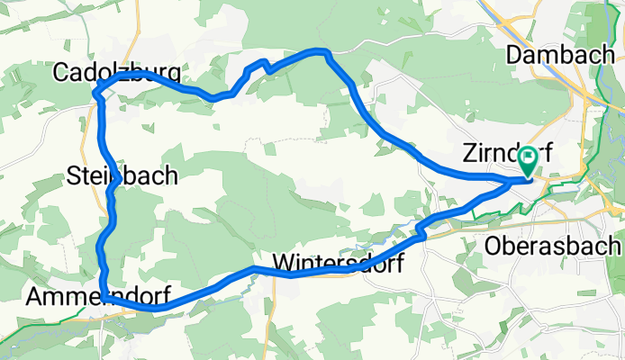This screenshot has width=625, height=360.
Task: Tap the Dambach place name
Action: pos(560,54)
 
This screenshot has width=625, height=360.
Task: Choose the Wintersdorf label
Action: pos(337,265)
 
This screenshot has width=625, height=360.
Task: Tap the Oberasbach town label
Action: pos(553,245)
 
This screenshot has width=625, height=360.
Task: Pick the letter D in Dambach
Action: pos(514,54)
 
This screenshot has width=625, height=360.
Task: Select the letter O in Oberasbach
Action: pos(493,245)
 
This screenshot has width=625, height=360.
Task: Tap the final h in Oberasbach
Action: pos(615,245)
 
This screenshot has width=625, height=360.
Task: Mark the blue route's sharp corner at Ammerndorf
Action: pos(105,296)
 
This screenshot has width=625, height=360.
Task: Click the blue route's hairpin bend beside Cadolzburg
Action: pos(96,87)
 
